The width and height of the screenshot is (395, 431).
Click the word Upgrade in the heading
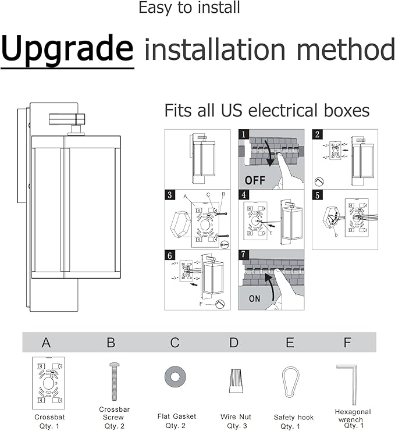pyautogui.click(x=67, y=49)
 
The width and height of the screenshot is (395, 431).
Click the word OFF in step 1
pyautogui.click(x=255, y=180)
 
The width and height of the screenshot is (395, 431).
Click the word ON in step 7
pyautogui.click(x=255, y=298)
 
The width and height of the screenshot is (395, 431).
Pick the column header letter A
pyautogui.click(x=47, y=343)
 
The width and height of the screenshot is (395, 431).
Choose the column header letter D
pyautogui.click(x=233, y=343)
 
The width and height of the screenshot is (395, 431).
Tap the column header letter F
pyautogui.click(x=347, y=343)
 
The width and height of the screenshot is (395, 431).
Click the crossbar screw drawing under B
pyautogui.click(x=114, y=381)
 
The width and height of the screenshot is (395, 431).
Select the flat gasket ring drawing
pyautogui.click(x=174, y=375)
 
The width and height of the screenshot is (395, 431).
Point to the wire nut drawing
pyautogui.click(x=235, y=380)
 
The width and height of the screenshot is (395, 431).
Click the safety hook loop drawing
pyautogui.click(x=290, y=382)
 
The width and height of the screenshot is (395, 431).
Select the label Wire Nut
pyautogui.click(x=236, y=417)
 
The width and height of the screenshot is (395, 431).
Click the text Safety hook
pyautogui.click(x=294, y=417)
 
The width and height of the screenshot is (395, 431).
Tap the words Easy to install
pyautogui.click(x=189, y=8)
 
